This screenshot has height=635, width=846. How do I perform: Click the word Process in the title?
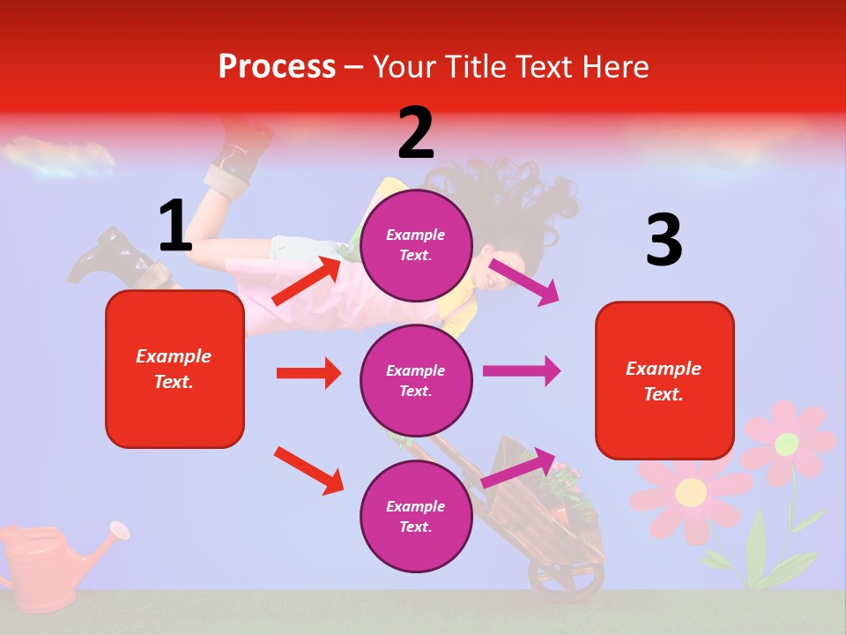[277, 67]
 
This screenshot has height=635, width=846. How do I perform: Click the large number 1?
[175, 227]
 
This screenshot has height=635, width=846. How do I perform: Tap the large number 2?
[416, 133]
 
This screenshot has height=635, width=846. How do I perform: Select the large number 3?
[664, 241]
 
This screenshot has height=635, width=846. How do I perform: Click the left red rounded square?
[174, 369]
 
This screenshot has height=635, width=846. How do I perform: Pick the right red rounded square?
[664, 381]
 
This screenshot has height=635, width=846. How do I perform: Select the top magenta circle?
[416, 245]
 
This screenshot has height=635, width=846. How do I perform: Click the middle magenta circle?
[416, 380]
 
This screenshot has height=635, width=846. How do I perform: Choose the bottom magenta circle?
[416, 516]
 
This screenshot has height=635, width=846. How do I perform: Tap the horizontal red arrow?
[308, 373]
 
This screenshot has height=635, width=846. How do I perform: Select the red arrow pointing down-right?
[308, 470]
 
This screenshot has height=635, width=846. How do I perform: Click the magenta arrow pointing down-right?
[524, 281]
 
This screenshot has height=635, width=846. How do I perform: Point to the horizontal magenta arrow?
[522, 371]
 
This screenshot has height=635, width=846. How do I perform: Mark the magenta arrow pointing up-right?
[519, 467]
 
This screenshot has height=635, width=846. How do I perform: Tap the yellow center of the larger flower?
[691, 492]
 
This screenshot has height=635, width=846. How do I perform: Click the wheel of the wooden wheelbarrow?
[564, 578]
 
